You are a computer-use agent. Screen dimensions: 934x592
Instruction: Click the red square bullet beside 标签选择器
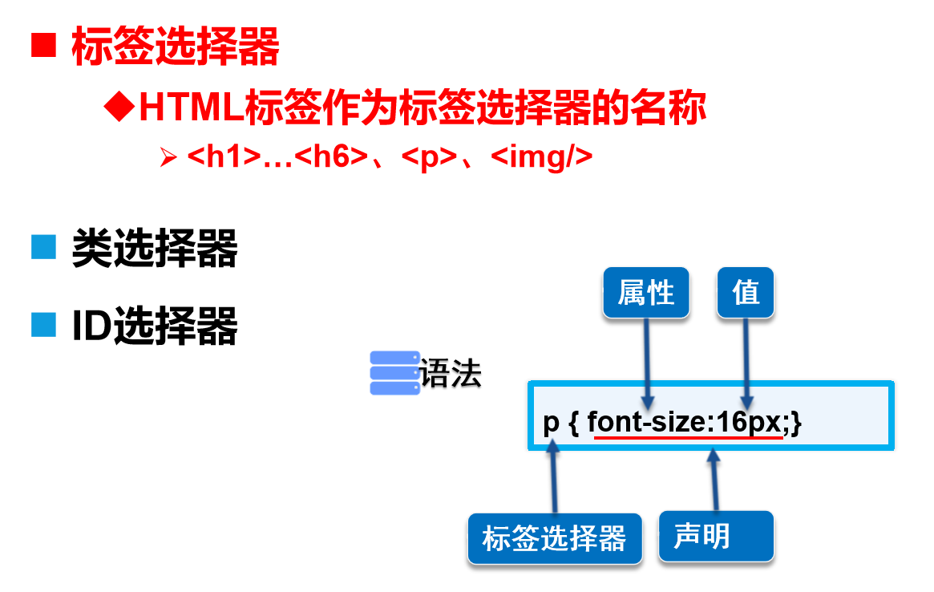click(43, 46)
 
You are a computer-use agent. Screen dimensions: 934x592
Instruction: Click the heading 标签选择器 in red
click(176, 47)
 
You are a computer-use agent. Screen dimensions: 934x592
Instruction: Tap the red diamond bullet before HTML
click(119, 107)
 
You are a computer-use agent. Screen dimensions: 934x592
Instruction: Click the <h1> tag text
click(224, 156)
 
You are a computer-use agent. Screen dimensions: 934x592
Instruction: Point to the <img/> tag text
click(541, 156)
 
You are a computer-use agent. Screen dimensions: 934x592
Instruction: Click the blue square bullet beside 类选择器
click(43, 248)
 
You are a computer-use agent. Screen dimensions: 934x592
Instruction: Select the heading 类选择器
click(155, 249)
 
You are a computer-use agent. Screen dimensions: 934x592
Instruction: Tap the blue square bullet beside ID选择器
click(43, 325)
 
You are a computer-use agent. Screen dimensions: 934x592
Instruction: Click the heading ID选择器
click(155, 326)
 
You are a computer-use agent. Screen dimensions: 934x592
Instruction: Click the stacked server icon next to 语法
click(394, 373)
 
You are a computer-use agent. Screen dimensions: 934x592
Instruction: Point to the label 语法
click(451, 374)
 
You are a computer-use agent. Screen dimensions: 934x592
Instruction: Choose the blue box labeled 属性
click(645, 294)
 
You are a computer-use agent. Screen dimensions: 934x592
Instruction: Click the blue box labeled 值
click(746, 293)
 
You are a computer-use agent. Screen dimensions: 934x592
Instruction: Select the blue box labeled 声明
click(716, 536)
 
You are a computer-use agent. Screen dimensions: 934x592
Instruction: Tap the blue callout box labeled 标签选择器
click(554, 538)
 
